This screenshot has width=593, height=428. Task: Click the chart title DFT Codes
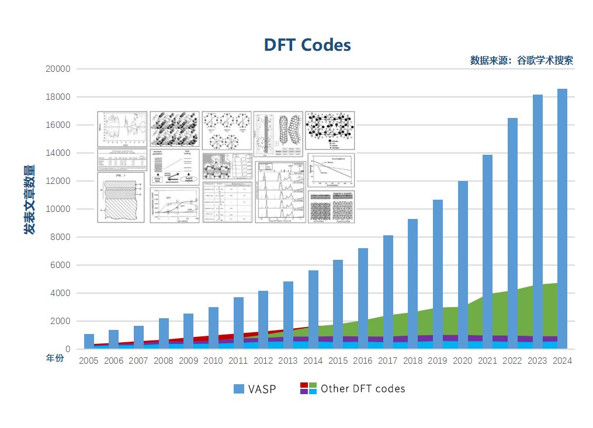point(307,45)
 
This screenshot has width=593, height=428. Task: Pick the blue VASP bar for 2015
point(338,304)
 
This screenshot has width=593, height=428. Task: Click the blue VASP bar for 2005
point(89,341)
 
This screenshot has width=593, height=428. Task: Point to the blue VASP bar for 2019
point(438,274)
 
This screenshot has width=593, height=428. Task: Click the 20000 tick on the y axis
point(58,69)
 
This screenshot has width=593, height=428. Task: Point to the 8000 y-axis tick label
point(60,237)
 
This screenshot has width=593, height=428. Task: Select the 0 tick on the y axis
point(68,349)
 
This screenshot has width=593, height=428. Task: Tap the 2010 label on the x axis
point(213,361)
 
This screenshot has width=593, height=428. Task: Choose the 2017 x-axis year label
point(388,361)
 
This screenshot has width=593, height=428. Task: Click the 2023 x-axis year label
point(537,361)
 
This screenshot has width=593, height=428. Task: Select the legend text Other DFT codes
point(362,388)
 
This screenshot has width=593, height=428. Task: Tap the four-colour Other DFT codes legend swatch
point(308,388)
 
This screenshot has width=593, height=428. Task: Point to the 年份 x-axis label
point(54,359)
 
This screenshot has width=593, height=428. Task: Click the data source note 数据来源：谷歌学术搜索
point(521,60)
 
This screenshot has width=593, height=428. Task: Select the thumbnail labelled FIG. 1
point(122,197)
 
